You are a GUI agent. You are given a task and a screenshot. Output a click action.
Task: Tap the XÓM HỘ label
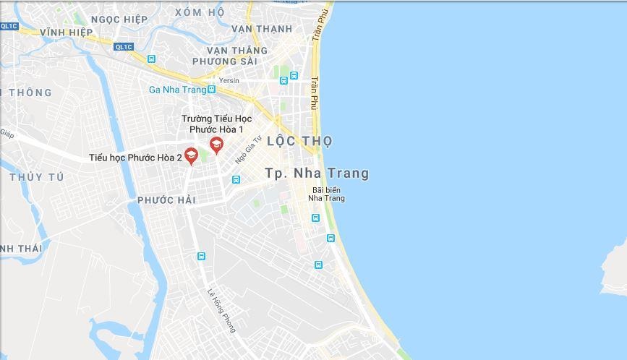click(x=200, y=12)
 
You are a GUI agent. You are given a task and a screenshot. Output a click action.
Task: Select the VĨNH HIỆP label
click(x=67, y=33)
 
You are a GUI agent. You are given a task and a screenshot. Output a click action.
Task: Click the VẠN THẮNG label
click(x=237, y=51)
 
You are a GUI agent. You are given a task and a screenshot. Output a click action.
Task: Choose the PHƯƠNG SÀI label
click(x=225, y=61)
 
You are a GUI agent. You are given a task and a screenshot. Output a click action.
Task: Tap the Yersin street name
click(x=229, y=80)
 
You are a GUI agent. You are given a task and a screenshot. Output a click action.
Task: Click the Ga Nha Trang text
click(x=176, y=90)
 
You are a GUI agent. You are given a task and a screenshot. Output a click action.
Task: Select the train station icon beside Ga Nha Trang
click(x=211, y=90)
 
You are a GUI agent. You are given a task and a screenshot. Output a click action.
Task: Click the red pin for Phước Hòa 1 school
click(x=216, y=145)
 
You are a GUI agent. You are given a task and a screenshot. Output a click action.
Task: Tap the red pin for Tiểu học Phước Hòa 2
click(x=191, y=155)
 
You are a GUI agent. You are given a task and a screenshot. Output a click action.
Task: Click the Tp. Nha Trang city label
click(x=317, y=173)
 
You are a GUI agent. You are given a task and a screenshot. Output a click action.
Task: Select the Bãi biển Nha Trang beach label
click(x=326, y=194)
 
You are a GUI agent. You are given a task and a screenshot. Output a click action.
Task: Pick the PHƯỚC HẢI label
click(x=166, y=200)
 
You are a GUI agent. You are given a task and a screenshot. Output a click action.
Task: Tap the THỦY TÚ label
click(x=37, y=177)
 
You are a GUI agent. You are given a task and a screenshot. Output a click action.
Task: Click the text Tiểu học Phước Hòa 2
click(x=135, y=157)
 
